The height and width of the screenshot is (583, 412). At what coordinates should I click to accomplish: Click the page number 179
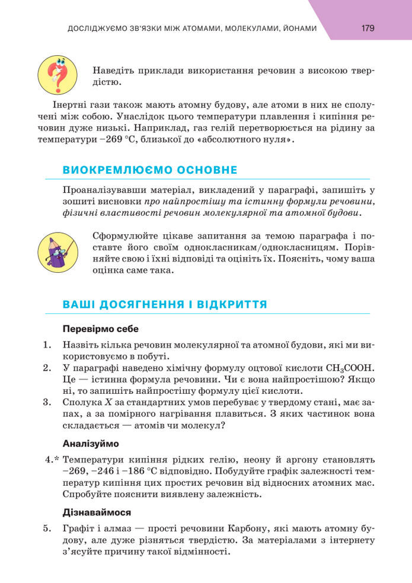[368, 28]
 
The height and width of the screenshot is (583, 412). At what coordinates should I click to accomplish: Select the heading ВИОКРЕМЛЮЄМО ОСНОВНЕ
[149, 170]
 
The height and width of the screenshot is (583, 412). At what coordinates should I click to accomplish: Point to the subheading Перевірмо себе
[100, 329]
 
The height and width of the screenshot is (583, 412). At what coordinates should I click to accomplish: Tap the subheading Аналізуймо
[91, 443]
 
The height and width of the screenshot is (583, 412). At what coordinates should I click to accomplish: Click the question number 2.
[47, 368]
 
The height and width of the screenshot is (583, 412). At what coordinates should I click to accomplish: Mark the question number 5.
[47, 528]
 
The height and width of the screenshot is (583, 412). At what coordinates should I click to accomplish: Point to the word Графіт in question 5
[76, 528]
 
